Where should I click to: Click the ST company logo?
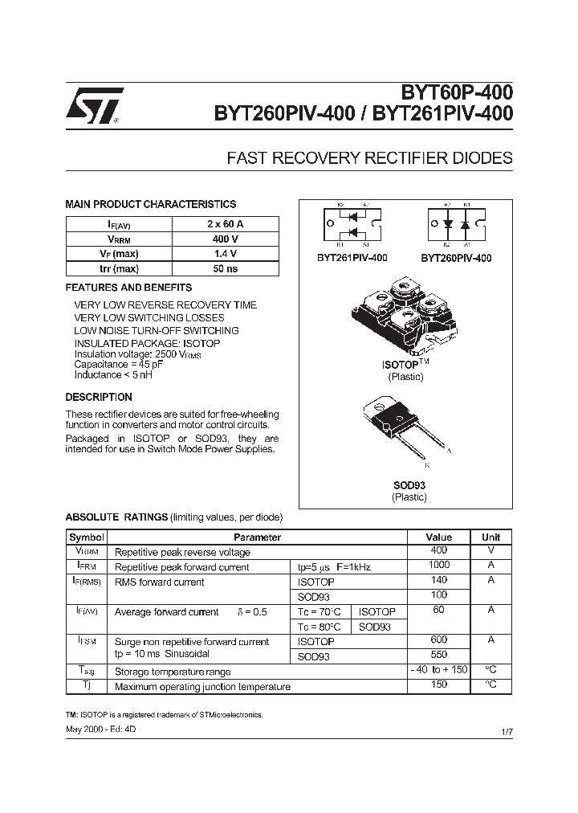point(95,105)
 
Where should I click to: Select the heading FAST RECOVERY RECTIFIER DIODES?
point(371,158)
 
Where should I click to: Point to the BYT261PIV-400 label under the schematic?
point(352,258)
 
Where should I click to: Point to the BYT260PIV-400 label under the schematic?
point(456,258)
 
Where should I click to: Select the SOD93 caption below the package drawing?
point(409,485)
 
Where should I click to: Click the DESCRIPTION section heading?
point(99,397)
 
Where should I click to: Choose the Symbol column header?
point(87,537)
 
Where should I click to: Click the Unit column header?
point(490,537)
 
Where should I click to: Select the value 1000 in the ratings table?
point(439,566)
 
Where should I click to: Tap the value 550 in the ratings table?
point(439,655)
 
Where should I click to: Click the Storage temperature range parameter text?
point(173,672)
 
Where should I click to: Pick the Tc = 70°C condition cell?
point(320,612)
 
